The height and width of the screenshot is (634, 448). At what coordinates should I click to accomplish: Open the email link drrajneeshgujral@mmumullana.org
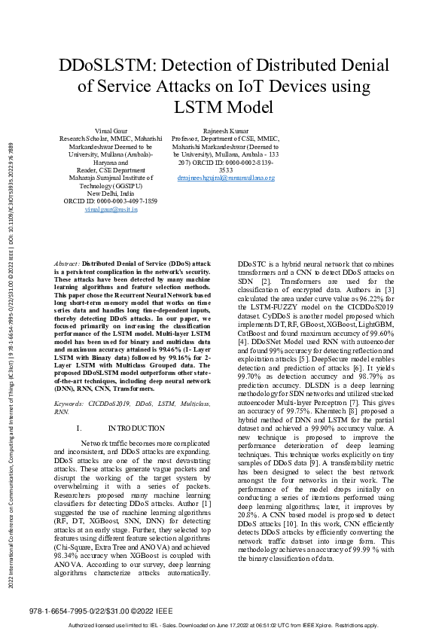click(x=226, y=178)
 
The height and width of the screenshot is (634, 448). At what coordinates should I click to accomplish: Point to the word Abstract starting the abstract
click(x=67, y=264)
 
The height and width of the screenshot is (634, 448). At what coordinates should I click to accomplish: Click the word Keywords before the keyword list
click(x=69, y=404)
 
